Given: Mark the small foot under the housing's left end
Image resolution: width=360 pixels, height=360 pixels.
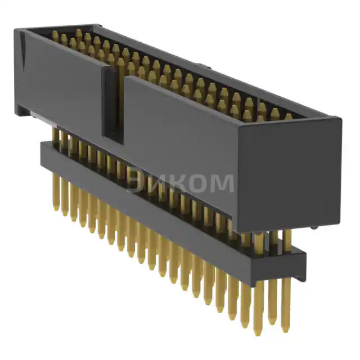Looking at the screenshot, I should click(22, 112).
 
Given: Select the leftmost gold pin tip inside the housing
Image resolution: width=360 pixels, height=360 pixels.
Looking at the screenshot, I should click(55, 34).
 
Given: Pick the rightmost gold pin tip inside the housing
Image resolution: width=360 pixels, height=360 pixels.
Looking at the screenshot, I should click(289, 117).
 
